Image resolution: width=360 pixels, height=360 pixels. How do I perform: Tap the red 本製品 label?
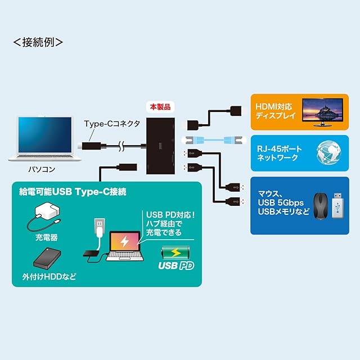tap(159, 106)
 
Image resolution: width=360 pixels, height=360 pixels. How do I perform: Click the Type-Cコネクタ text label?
tap(112, 123)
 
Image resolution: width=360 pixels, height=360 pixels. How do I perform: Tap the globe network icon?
tap(329, 155)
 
